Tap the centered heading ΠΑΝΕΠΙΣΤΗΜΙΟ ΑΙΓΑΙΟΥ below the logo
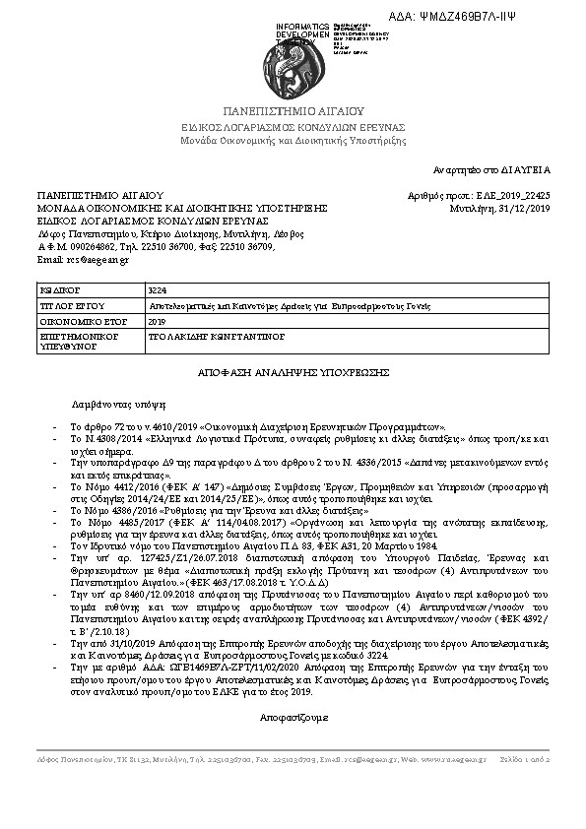tap(293, 112)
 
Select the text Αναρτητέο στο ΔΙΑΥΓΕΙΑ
tap(498, 169)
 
